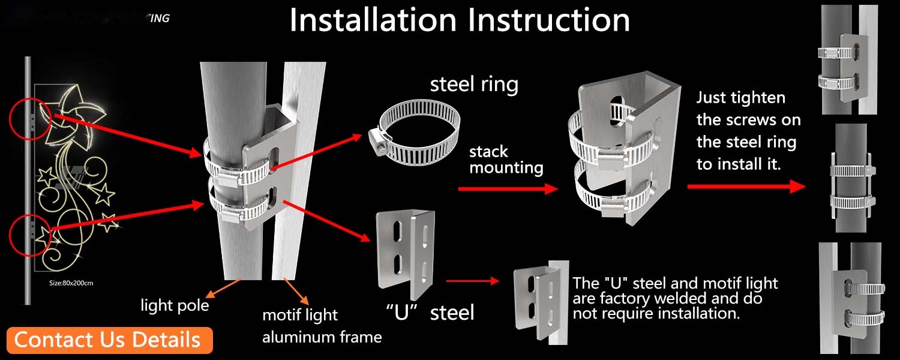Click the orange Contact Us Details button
click(x=110, y=340)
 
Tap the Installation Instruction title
click(x=460, y=20)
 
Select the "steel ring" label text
click(x=474, y=85)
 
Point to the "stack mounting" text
click(x=506, y=160)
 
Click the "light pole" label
click(x=175, y=305)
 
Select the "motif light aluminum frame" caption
click(x=322, y=326)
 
